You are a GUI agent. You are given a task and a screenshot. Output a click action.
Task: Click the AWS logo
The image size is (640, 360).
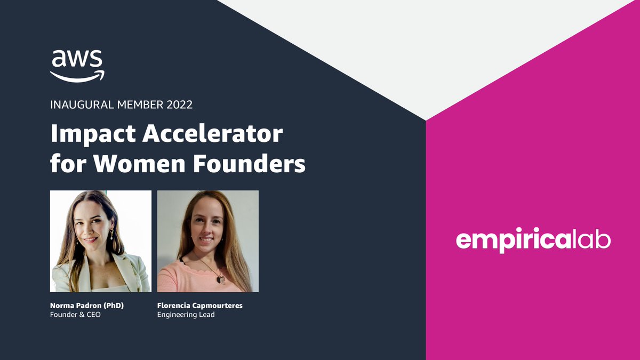(77, 65)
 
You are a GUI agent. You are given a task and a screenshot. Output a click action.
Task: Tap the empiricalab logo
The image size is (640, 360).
(533, 241)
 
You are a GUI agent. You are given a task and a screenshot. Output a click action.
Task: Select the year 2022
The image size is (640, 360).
(179, 105)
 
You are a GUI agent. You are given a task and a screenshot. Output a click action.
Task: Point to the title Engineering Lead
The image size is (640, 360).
(186, 315)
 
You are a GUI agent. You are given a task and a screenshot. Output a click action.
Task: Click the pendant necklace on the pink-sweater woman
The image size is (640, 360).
(219, 278)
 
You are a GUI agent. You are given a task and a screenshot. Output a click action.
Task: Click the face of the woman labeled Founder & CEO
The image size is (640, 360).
(96, 230)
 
